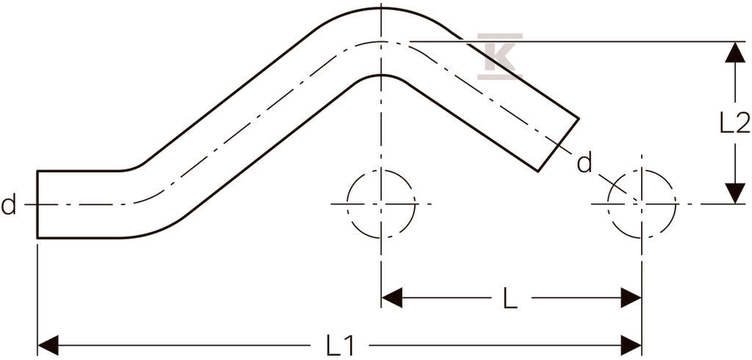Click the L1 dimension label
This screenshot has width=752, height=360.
(x=340, y=345)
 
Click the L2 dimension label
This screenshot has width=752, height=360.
(x=734, y=124)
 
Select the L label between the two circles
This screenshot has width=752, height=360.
(x=510, y=298)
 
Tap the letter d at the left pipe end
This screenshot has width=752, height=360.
(x=8, y=205)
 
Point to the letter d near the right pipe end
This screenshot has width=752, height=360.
(x=584, y=163)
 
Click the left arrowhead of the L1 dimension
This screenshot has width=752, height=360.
(x=48, y=345)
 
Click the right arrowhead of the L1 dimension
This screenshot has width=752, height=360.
(x=631, y=345)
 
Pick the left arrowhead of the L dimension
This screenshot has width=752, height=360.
(x=392, y=298)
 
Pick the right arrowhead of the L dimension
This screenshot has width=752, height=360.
(x=631, y=298)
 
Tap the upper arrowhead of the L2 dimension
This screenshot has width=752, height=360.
(x=734, y=52)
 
